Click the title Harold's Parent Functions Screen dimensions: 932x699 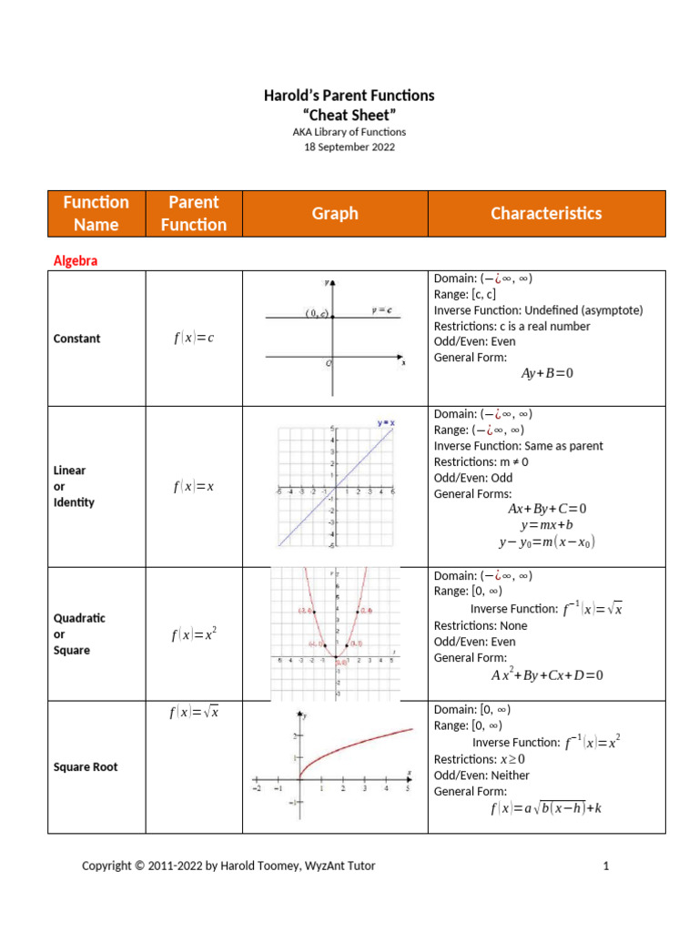click(x=349, y=95)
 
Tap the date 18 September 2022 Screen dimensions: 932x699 click(x=349, y=147)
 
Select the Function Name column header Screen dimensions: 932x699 click(x=96, y=213)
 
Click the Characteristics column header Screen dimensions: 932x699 click(x=546, y=213)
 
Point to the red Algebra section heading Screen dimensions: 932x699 click(x=76, y=260)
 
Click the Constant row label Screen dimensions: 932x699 click(x=77, y=339)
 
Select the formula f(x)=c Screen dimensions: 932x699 click(x=193, y=339)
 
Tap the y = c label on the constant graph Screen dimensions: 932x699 click(x=382, y=310)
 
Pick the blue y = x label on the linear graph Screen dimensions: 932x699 click(x=386, y=422)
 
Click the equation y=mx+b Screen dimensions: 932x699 click(x=546, y=525)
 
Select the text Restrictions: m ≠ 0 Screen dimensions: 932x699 click(x=481, y=461)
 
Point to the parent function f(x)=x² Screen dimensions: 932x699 click(x=193, y=635)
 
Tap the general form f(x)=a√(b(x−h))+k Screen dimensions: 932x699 click(x=546, y=808)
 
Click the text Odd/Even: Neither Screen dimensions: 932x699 click(x=481, y=775)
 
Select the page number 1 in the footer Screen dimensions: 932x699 click(x=605, y=866)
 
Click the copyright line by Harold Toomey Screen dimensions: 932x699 click(x=228, y=866)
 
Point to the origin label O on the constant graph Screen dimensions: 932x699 click(x=329, y=363)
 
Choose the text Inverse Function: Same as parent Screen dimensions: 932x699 click(x=518, y=446)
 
